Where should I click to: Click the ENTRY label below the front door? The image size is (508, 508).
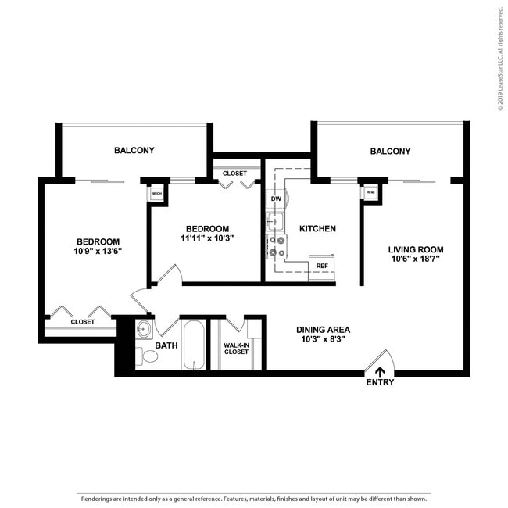pyautogui.click(x=380, y=382)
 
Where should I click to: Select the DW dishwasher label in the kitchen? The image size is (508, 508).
pyautogui.click(x=275, y=199)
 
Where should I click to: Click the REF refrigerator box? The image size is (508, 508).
pyautogui.click(x=321, y=266)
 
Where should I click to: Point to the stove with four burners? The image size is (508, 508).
pyautogui.click(x=276, y=246)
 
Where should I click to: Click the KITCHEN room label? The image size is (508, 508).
pyautogui.click(x=317, y=229)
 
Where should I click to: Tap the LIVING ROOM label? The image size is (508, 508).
pyautogui.click(x=415, y=250)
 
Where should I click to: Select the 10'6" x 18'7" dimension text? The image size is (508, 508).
pyautogui.click(x=415, y=260)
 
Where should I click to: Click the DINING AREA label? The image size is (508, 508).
pyautogui.click(x=322, y=330)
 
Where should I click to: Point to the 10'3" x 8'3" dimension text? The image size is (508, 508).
pyautogui.click(x=322, y=340)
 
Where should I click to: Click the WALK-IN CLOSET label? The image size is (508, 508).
pyautogui.click(x=236, y=348)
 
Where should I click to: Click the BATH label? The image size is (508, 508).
pyautogui.click(x=166, y=345)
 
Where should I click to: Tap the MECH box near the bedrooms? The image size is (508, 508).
pyautogui.click(x=156, y=193)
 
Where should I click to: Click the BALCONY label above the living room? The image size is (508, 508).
pyautogui.click(x=390, y=151)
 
